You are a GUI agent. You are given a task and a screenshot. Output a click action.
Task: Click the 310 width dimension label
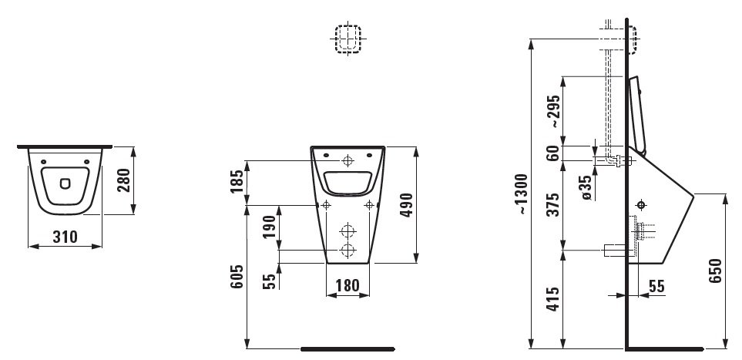(x=65, y=237)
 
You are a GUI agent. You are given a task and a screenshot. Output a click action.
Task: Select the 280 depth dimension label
(x=123, y=180)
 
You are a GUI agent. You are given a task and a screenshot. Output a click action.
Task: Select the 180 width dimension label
(x=347, y=286)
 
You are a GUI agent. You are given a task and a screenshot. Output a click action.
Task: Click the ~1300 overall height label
(x=521, y=194)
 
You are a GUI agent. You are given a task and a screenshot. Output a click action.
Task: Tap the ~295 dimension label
(x=553, y=110)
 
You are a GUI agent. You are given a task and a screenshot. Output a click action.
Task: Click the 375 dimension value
(x=553, y=204)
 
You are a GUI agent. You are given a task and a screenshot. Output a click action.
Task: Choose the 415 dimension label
(x=553, y=299)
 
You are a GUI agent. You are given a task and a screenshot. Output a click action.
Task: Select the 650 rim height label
(x=715, y=271)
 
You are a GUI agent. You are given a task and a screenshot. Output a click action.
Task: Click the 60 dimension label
(x=553, y=153)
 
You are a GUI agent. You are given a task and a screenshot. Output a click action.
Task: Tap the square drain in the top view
(x=65, y=183)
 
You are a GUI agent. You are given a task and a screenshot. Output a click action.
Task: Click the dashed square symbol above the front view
(x=347, y=39)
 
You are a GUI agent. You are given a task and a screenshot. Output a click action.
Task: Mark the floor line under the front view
(x=347, y=349)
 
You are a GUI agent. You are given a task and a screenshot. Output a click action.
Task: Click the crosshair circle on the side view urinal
(x=642, y=205)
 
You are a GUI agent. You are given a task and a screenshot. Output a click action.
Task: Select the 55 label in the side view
(x=656, y=286)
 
